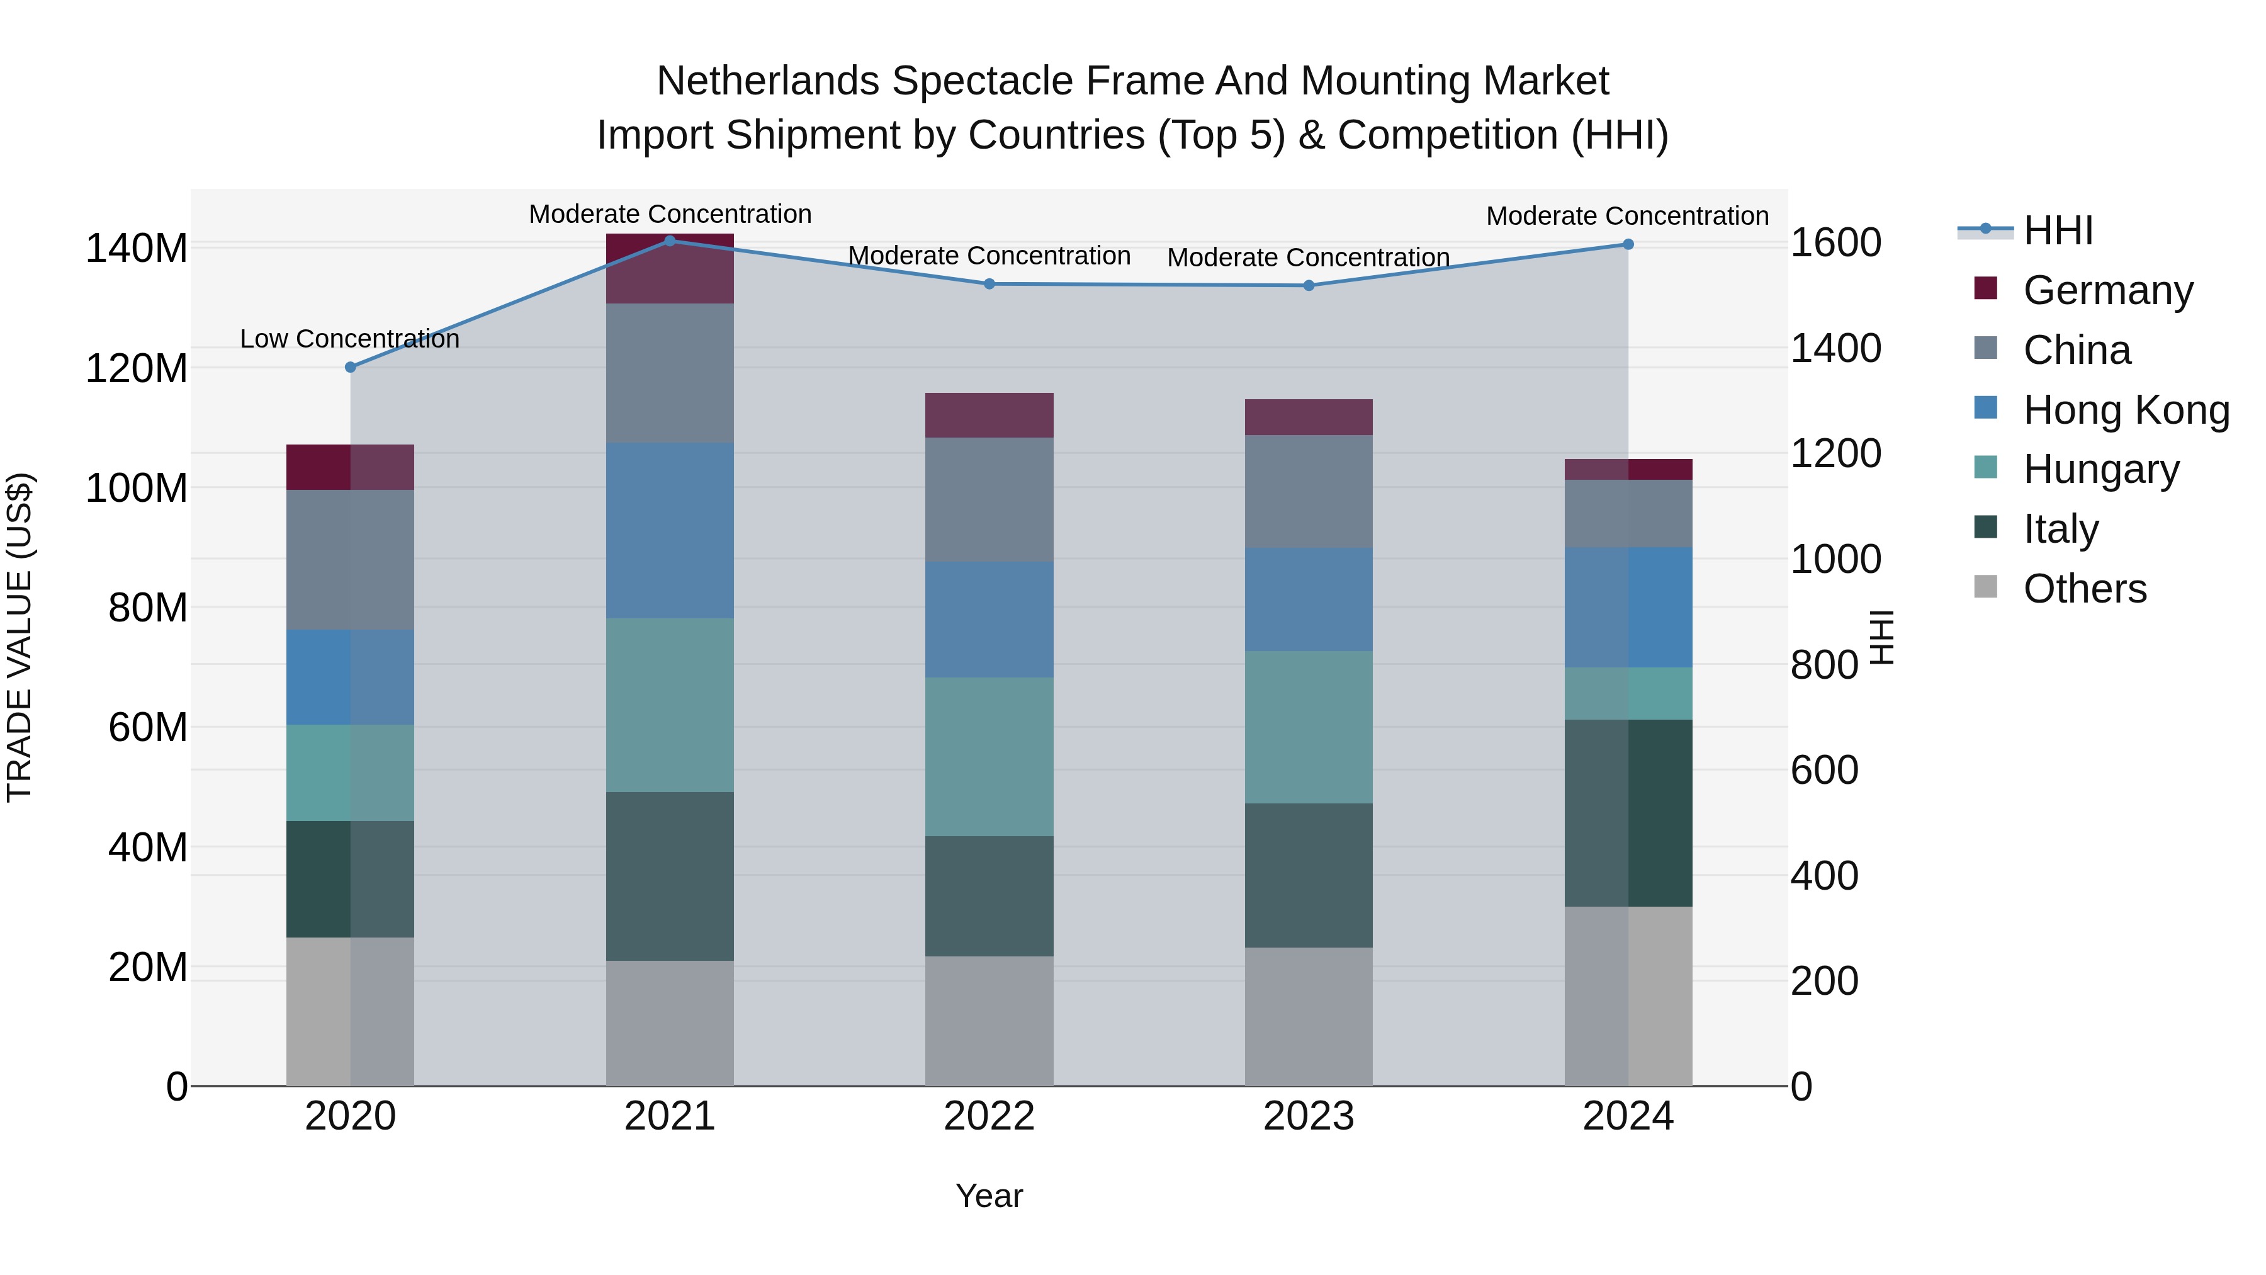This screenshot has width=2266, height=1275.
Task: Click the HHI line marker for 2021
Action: coord(670,241)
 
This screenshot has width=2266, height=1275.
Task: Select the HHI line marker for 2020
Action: coord(350,367)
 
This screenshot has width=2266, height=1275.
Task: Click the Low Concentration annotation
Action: coord(349,339)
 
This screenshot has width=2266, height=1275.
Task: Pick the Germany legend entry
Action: coord(2107,290)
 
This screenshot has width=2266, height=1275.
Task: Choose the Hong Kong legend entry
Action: coord(2125,410)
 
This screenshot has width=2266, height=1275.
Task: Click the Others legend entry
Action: coord(2084,589)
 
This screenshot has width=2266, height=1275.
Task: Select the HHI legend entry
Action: coord(2058,230)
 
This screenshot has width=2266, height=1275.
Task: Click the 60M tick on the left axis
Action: coord(147,728)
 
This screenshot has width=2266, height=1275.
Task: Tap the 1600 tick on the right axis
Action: coord(1836,243)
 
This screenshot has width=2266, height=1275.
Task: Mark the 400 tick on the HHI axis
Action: coord(1824,876)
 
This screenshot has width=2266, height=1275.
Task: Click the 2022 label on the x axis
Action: coord(989,1116)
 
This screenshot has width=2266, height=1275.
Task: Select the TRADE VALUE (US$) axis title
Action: coord(20,637)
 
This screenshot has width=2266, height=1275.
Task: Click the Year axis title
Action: coord(989,1196)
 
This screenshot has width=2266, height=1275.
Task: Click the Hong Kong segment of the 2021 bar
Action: coord(670,531)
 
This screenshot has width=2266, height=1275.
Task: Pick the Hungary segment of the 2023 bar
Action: coord(1308,727)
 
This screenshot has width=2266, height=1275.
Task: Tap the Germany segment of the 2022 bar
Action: coord(989,416)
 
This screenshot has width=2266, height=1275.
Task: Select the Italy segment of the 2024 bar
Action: coord(1627,813)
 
